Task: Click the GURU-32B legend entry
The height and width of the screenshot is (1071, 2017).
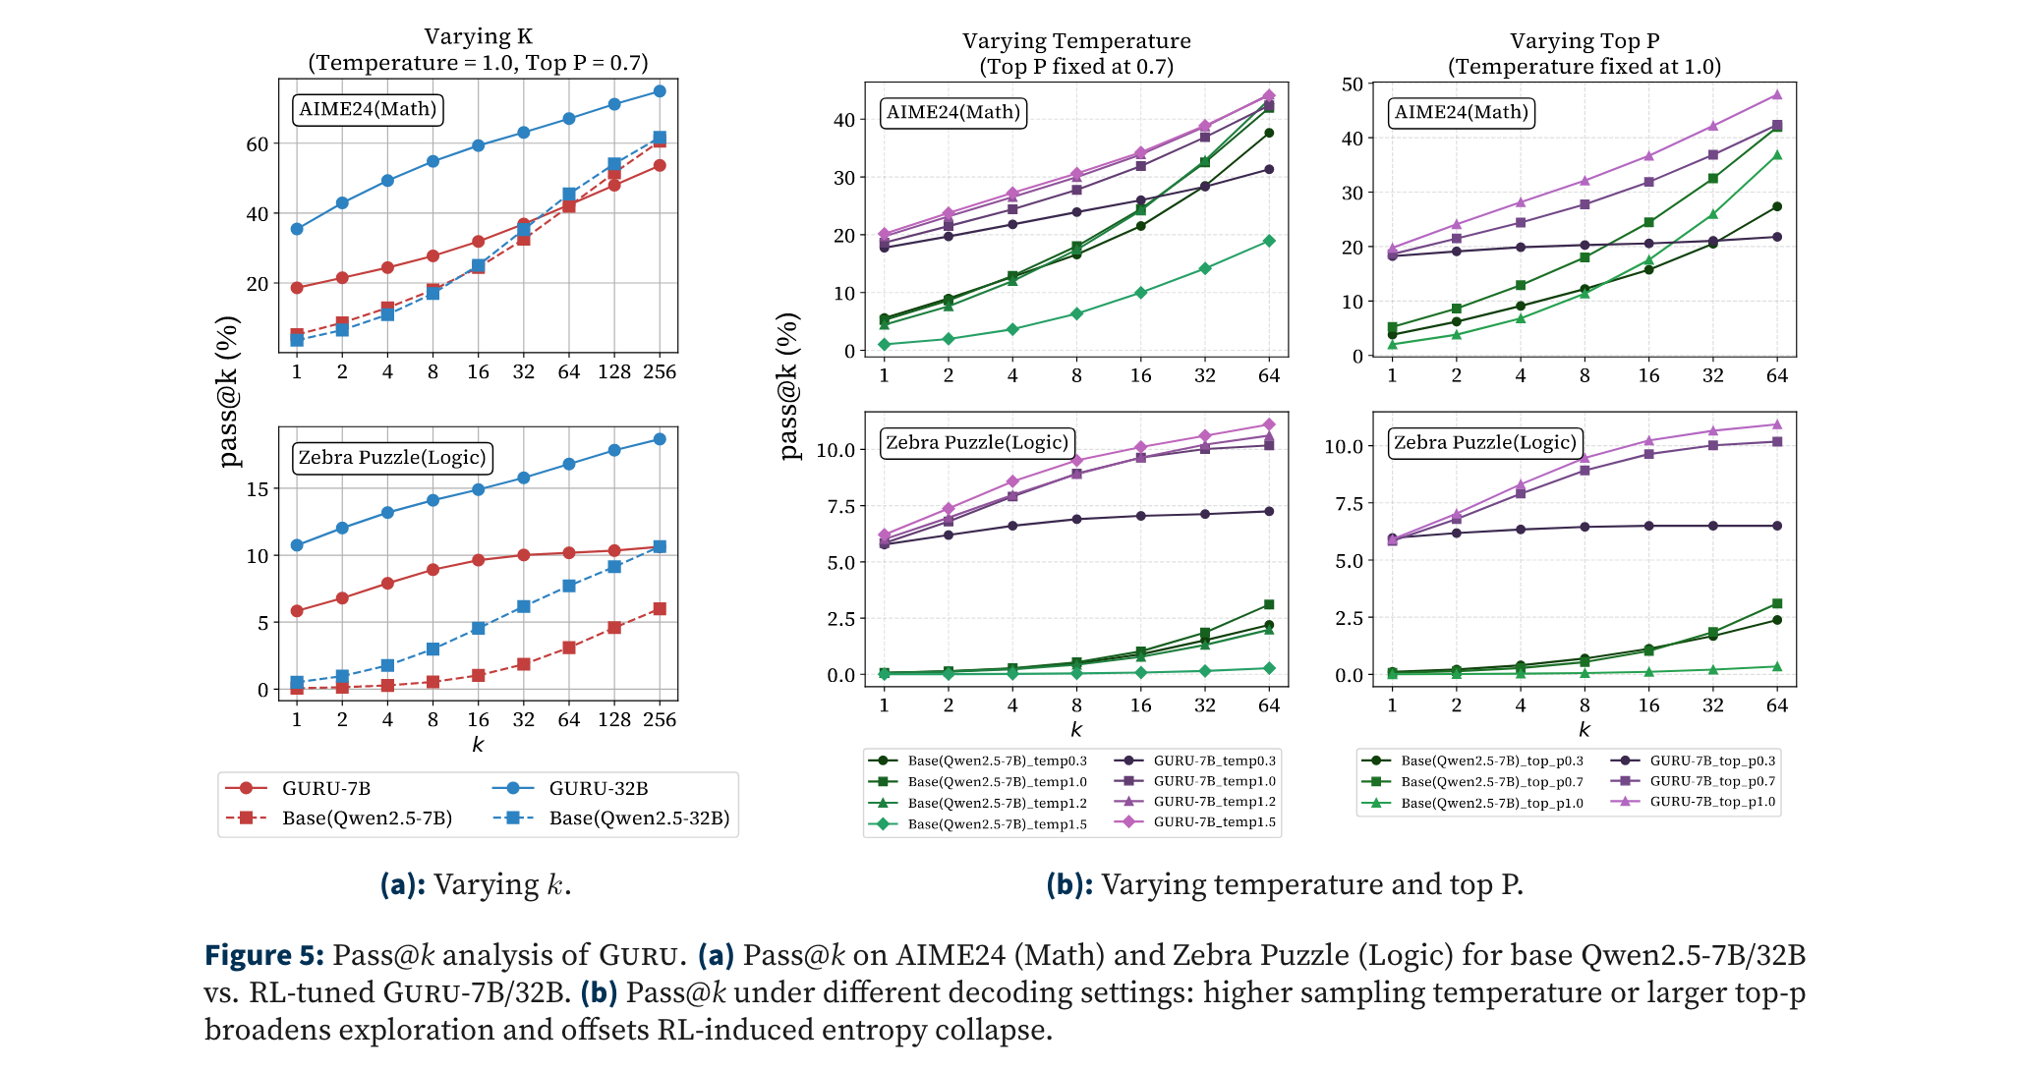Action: tap(598, 788)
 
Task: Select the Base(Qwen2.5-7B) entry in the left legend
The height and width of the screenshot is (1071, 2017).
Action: tap(366, 817)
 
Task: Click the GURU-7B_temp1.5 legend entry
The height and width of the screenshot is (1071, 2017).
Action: tap(1214, 822)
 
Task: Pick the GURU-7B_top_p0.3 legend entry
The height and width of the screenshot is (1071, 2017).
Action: tap(1711, 761)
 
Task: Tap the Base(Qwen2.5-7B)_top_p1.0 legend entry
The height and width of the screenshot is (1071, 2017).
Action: tap(1491, 803)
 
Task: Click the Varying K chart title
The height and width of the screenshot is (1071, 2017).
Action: tap(478, 37)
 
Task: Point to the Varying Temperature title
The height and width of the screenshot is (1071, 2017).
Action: tap(1076, 41)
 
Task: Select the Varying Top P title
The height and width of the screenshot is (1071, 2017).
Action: tap(1585, 41)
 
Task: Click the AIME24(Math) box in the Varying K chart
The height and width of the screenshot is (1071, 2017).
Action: tap(368, 109)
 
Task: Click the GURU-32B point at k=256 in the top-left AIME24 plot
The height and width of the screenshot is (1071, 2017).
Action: tap(660, 91)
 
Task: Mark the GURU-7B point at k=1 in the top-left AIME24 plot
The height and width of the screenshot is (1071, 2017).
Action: tap(297, 288)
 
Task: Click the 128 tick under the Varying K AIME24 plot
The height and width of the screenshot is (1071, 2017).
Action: tap(614, 372)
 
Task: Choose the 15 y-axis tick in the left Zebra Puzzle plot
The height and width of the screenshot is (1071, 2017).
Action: tap(258, 489)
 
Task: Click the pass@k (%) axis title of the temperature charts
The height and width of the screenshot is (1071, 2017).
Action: tap(789, 385)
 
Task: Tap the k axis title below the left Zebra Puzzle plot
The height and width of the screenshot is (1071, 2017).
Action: tap(478, 745)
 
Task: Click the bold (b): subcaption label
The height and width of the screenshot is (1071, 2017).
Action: tap(1069, 885)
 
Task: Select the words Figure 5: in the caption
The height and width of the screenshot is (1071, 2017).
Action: tap(263, 955)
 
